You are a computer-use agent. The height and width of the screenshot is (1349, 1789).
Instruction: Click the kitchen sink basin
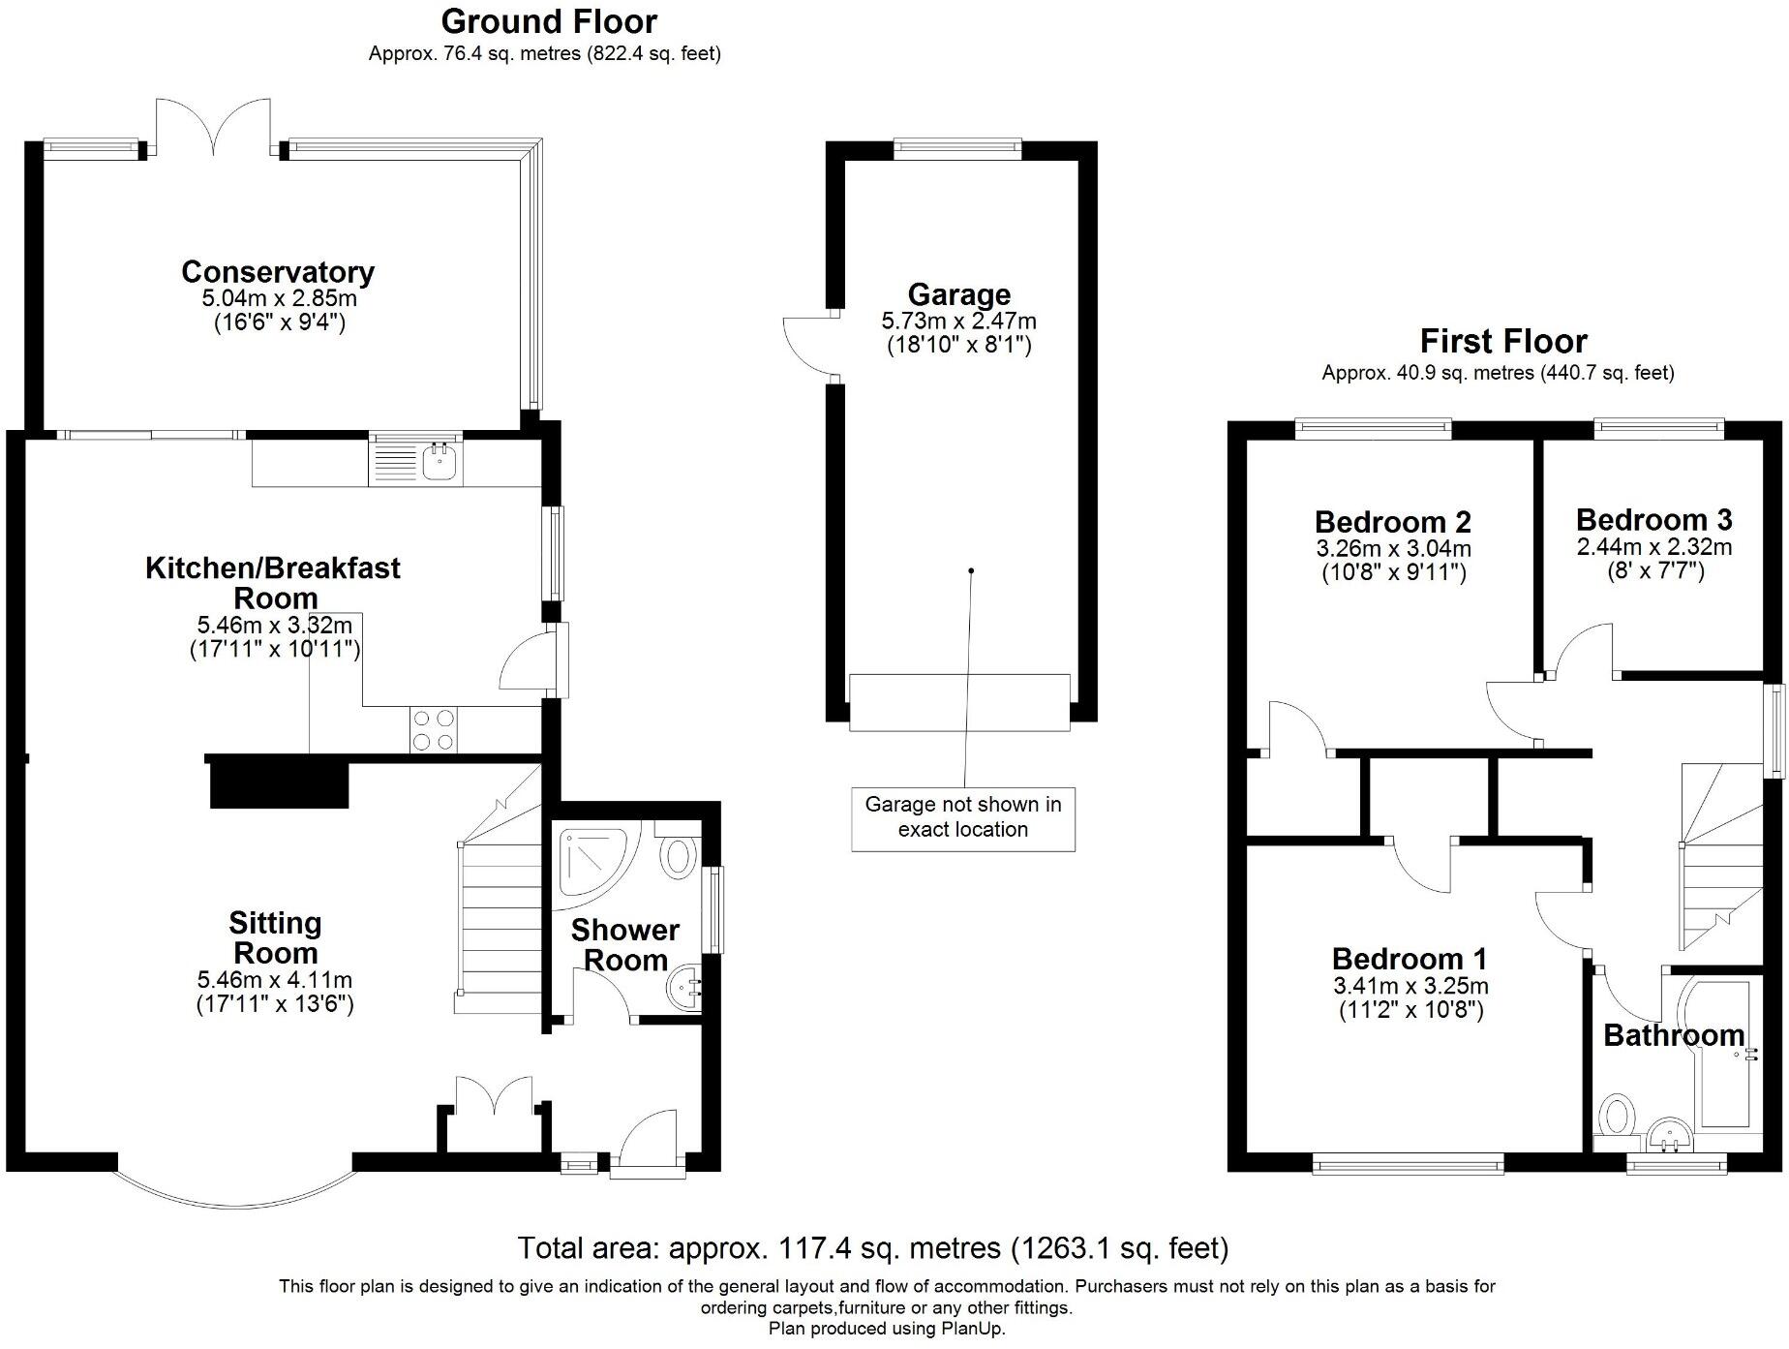(x=440, y=463)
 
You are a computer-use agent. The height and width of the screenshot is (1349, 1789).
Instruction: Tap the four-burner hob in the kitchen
(x=433, y=730)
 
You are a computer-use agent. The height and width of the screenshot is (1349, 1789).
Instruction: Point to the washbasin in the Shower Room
(x=686, y=988)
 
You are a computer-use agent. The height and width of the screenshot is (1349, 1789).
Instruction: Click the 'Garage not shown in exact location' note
(x=963, y=816)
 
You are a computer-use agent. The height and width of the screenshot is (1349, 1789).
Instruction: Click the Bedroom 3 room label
(x=1653, y=520)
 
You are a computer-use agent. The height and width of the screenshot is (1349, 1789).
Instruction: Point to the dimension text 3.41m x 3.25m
(x=1410, y=986)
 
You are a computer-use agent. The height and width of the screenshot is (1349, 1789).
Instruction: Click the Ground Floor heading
(x=549, y=21)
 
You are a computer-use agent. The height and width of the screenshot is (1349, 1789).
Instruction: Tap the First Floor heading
(x=1503, y=341)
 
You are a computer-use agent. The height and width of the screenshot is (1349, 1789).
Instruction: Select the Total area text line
(x=873, y=1247)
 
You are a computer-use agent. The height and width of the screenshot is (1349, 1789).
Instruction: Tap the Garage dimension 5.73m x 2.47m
(x=958, y=320)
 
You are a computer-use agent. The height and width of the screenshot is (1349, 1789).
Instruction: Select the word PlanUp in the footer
(x=972, y=1329)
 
